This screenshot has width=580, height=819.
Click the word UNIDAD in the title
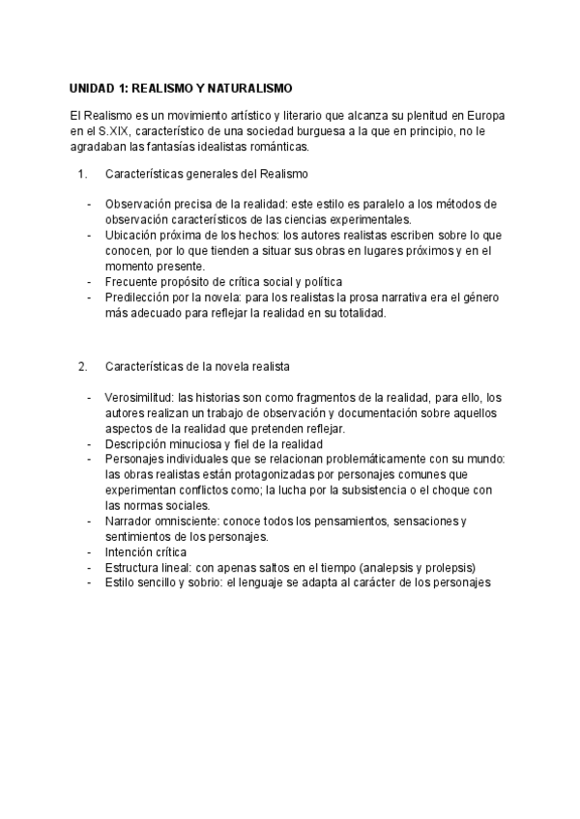coord(94,87)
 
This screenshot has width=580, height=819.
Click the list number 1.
coord(82,174)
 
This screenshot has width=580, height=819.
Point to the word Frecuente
coord(132,281)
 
